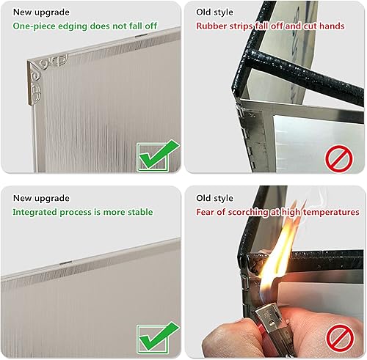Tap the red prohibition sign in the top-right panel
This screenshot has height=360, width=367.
[339, 159]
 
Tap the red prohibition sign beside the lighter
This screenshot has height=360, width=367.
[340, 338]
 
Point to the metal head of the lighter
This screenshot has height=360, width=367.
[269, 317]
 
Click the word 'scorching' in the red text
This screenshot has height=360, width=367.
[248, 212]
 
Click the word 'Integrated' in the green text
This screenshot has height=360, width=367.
[35, 212]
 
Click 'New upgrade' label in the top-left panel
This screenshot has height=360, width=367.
[41, 12]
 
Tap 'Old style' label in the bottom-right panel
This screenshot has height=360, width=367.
[214, 198]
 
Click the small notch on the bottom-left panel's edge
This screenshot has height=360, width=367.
[65, 262]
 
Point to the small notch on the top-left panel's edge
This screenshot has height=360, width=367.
[142, 36]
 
